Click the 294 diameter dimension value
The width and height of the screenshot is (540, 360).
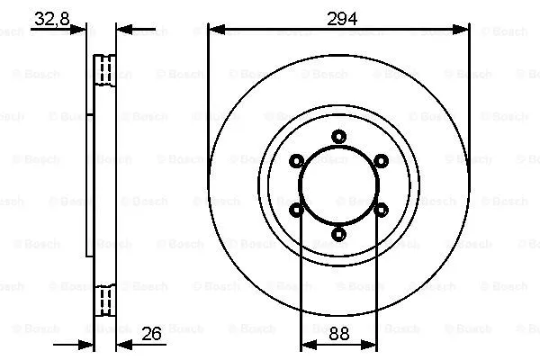click(338, 19)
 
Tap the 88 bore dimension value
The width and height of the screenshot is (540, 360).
click(338, 334)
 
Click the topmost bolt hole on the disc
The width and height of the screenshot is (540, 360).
click(338, 137)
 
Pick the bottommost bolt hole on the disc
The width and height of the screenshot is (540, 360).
click(338, 234)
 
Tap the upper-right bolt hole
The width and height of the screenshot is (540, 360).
click(381, 161)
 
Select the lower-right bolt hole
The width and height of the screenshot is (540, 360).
click(381, 210)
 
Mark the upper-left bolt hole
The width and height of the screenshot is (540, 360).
click(296, 161)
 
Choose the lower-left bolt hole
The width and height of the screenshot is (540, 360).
click(296, 210)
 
